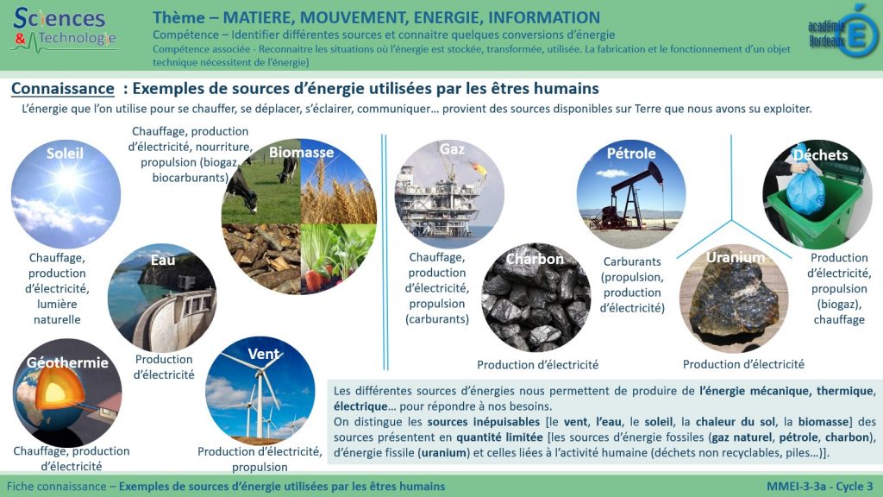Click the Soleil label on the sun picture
tap(65, 154)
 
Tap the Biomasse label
tap(301, 153)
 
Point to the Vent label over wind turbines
tap(263, 354)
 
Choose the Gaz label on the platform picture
tap(452, 149)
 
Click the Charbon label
tap(535, 259)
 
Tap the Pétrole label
tap(631, 154)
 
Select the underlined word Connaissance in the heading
tap(62, 89)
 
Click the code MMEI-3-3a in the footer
tap(797, 487)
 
